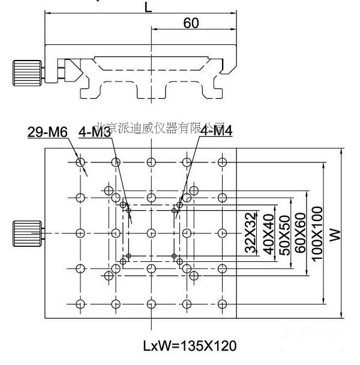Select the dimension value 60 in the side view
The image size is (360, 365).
coord(191,23)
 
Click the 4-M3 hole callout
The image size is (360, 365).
coord(95,132)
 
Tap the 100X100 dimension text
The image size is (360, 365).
coord(317,233)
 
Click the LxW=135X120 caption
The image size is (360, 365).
coord(189,345)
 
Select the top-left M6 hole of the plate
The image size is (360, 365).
coord(80,162)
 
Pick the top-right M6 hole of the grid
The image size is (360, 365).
coord(223,162)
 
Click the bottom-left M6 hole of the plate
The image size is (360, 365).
coord(80,303)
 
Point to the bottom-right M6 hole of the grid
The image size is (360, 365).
coord(223,303)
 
